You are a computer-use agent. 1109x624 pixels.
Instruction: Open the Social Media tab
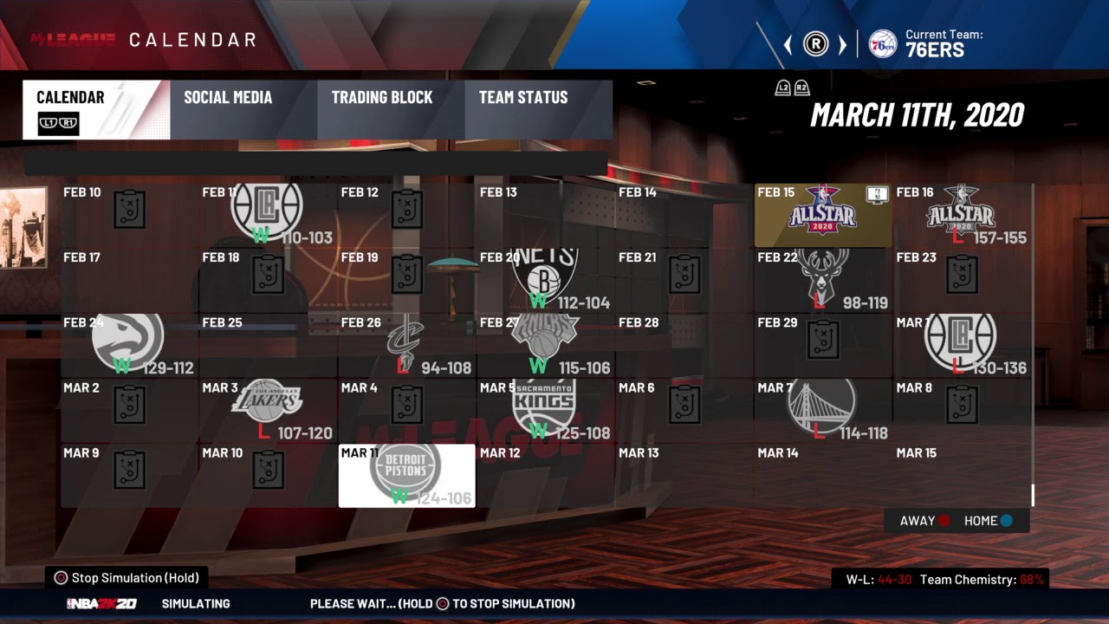[x=228, y=98]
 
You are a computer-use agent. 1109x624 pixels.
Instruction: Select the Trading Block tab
[x=381, y=98]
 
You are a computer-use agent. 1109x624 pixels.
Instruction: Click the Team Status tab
[x=523, y=98]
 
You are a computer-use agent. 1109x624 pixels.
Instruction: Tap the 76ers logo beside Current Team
[x=882, y=43]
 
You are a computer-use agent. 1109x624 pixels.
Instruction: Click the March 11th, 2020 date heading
[x=917, y=114]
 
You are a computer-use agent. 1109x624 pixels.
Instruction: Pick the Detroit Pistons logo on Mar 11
[x=405, y=468]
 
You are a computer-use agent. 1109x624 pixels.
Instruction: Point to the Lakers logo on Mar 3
[x=267, y=400]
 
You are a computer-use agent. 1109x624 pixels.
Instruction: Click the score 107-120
[x=305, y=433]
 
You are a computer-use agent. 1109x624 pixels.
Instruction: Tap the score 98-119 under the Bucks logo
[x=865, y=303]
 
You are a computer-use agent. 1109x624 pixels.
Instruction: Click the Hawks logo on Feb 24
[x=128, y=338]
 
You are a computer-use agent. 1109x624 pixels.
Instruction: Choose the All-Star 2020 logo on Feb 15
[x=821, y=210]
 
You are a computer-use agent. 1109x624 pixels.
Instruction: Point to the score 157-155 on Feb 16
[x=1000, y=238]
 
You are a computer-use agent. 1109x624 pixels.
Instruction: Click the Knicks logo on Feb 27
[x=544, y=336]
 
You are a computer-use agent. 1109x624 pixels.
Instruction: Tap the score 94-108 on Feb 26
[x=445, y=368]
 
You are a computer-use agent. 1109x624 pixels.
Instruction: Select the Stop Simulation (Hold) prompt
[x=127, y=578]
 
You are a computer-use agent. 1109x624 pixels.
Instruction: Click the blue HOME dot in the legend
[x=1007, y=521]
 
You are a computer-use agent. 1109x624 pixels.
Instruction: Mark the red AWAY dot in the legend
[x=944, y=521]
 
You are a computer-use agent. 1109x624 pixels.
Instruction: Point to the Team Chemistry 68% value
[x=1031, y=580]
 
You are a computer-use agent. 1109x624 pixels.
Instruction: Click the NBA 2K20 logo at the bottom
[x=101, y=604]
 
